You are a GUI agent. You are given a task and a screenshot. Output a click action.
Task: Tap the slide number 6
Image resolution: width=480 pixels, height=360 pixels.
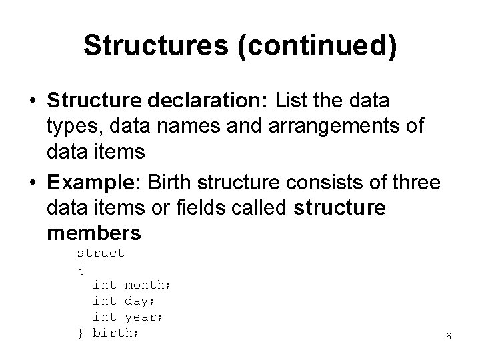[449, 336]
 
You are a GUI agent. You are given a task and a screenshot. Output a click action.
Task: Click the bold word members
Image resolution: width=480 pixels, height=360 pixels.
[95, 233]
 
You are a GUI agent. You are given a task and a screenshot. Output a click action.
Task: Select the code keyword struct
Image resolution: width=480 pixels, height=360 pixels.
[101, 253]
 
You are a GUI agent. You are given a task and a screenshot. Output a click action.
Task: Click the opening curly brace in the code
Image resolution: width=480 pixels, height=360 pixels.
[81, 269]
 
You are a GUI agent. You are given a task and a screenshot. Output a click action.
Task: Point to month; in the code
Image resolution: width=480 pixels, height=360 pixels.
[148, 285]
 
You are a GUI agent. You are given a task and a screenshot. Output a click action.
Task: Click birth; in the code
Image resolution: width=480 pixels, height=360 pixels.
[116, 333]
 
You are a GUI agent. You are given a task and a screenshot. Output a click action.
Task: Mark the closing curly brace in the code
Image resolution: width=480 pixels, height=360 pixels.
[81, 333]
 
